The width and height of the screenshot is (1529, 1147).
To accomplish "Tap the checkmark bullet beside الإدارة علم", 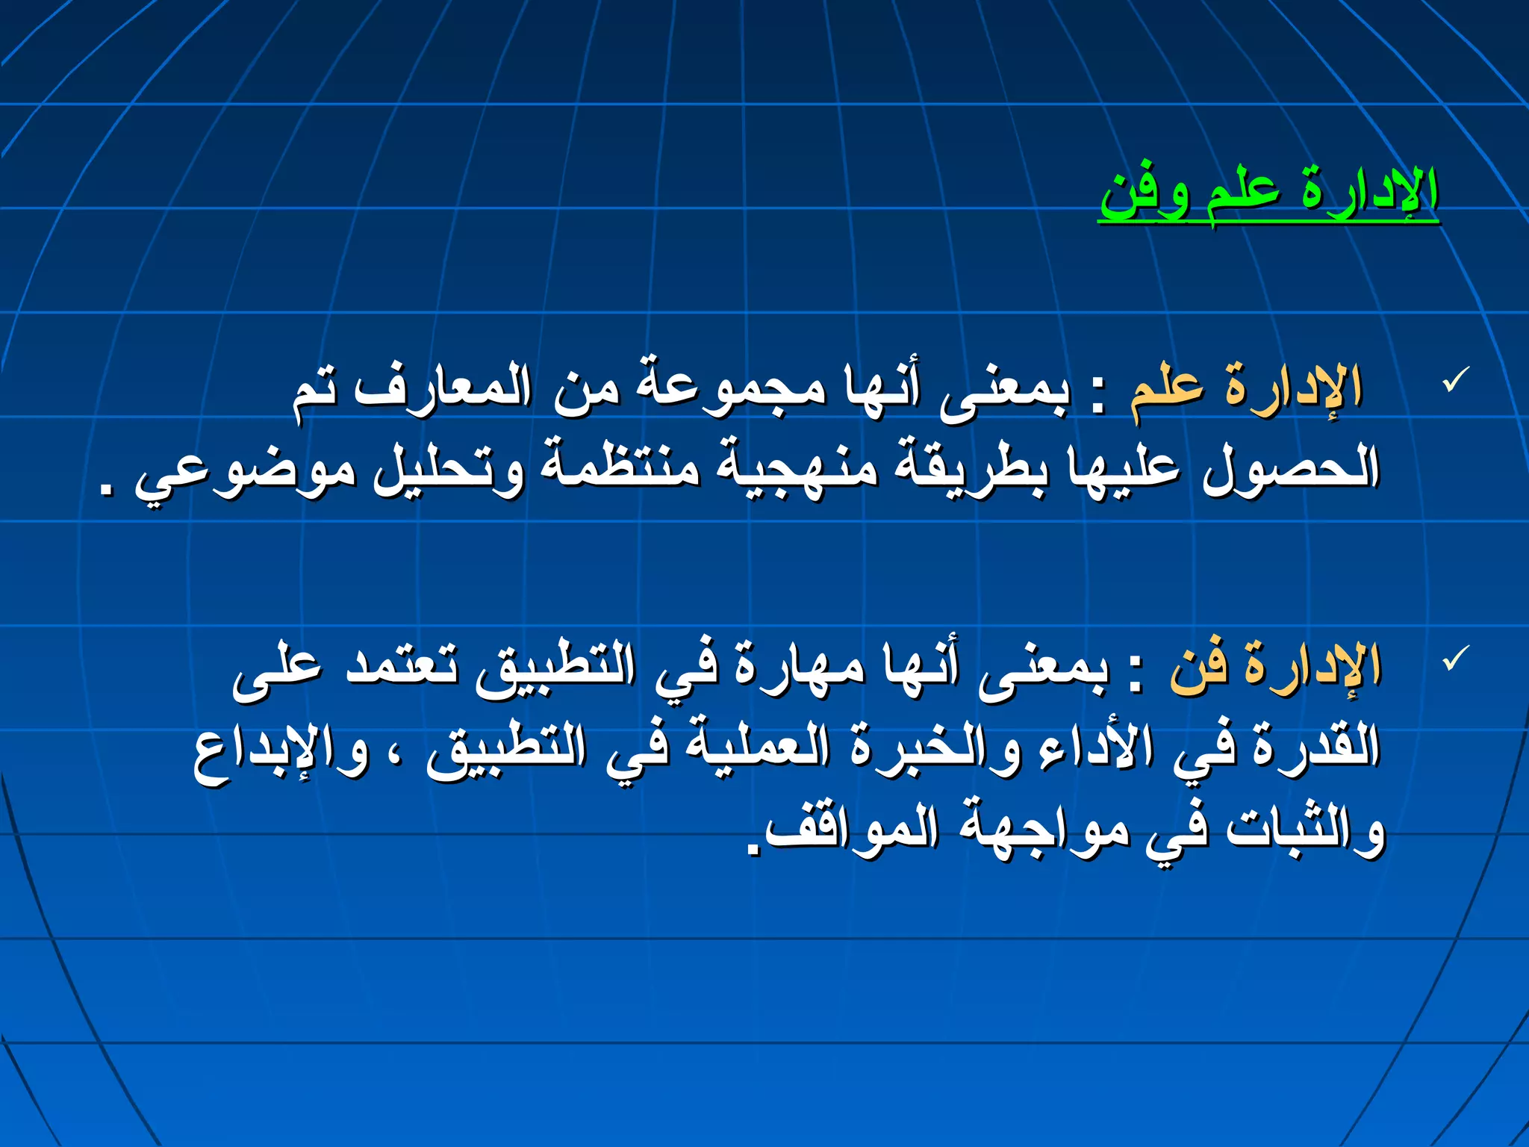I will coord(1456,379).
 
